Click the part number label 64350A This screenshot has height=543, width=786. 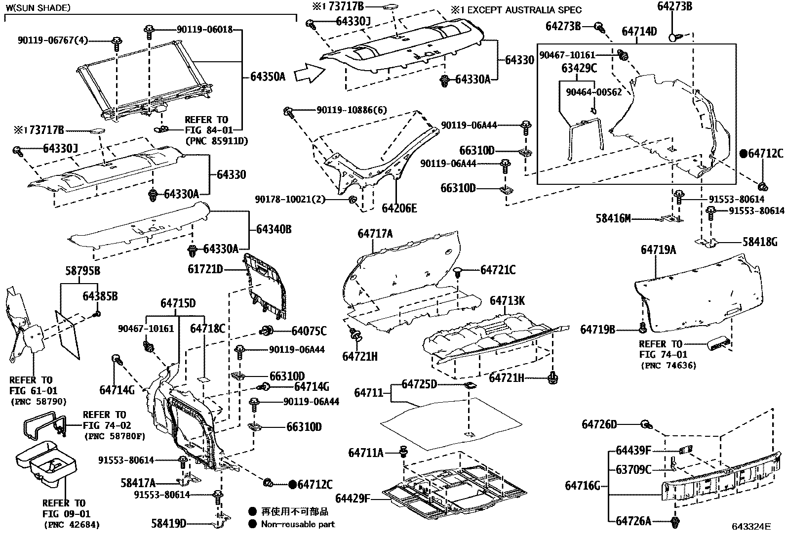(x=268, y=77)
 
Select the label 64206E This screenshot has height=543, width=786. (x=399, y=209)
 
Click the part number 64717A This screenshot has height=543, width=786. (x=375, y=234)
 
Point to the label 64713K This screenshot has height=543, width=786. (x=507, y=300)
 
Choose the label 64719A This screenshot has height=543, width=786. (x=658, y=250)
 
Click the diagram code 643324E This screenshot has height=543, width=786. (x=751, y=527)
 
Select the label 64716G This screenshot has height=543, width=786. (x=583, y=486)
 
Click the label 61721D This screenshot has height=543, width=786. (x=205, y=269)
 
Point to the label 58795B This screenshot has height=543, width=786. (x=83, y=271)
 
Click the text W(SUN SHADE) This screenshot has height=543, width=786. (x=38, y=8)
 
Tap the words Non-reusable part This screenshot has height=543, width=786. (x=298, y=524)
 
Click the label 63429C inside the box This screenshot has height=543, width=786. (x=579, y=68)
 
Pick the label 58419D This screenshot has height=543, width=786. (x=169, y=523)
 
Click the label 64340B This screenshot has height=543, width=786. (x=274, y=229)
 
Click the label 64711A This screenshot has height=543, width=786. (x=366, y=453)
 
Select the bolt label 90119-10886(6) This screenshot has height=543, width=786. (x=352, y=110)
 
